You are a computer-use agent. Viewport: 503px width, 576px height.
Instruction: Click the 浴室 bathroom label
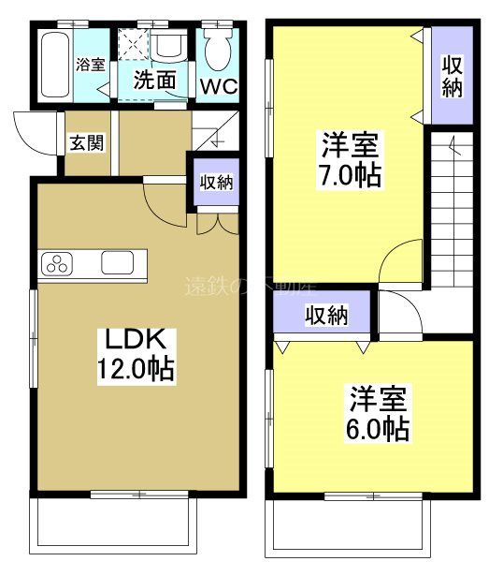coord(90,65)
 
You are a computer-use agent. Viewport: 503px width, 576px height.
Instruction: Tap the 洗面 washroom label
coord(154,80)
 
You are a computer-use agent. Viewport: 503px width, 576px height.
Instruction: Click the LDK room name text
coord(136,336)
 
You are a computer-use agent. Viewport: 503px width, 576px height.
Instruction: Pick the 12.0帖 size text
coord(136,368)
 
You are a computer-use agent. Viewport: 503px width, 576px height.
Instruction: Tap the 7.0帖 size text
coord(352,174)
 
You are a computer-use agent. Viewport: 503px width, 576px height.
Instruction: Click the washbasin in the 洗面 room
coord(171,48)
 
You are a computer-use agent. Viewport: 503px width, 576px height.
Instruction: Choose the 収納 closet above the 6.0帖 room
coord(325,316)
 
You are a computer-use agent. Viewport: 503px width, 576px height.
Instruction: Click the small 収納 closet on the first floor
coord(216,183)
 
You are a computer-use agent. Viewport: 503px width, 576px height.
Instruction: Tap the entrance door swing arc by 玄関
coord(36,136)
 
